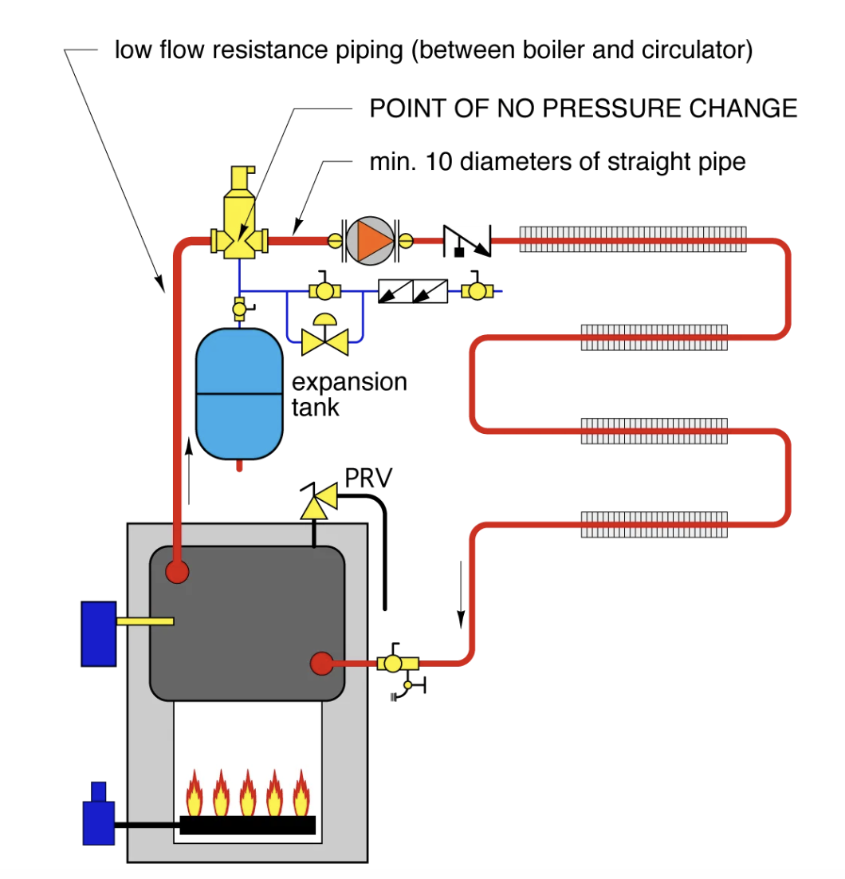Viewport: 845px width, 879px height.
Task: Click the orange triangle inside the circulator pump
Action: point(373,241)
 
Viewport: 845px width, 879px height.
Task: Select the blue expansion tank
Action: point(239,394)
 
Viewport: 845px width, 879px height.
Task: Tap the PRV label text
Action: point(368,478)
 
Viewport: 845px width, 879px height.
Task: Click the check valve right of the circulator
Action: point(467,241)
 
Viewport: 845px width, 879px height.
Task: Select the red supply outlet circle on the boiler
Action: point(177,573)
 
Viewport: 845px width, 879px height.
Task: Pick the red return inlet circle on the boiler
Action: point(321,664)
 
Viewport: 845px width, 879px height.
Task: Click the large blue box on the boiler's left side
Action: point(99,634)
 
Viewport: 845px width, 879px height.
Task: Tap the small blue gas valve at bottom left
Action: point(99,814)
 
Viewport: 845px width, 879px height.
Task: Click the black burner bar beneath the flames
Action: point(248,826)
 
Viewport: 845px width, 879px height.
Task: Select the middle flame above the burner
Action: point(248,792)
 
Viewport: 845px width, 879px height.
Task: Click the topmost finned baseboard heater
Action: point(633,239)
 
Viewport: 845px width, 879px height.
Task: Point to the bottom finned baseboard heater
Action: point(654,525)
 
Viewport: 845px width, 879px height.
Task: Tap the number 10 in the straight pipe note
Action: point(438,162)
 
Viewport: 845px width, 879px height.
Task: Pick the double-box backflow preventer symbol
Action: point(413,291)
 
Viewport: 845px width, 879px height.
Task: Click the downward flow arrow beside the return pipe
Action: point(462,594)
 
